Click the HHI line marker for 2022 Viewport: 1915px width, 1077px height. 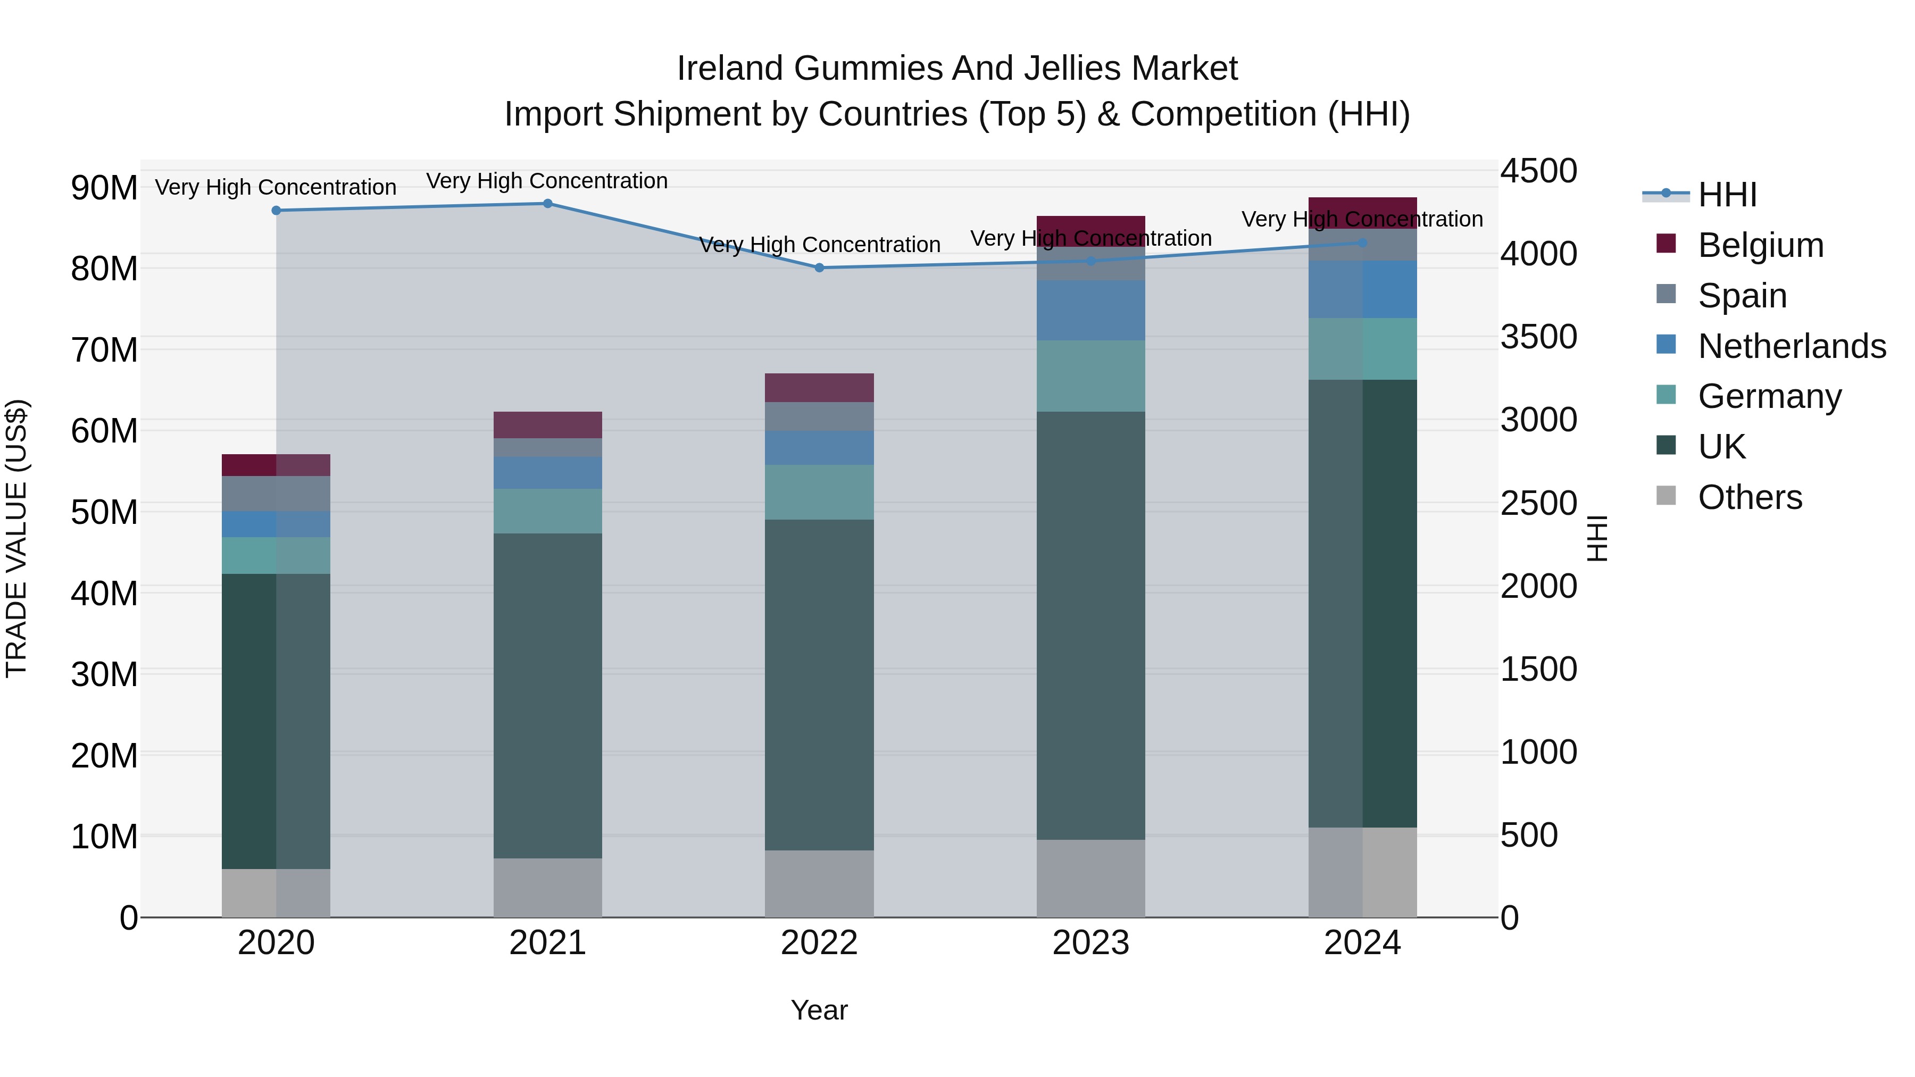819,268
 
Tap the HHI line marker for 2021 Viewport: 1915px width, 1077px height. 548,204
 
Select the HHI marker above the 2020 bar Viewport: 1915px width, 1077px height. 277,210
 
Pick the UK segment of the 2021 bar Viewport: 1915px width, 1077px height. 548,696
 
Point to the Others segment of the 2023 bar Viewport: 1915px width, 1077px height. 1090,879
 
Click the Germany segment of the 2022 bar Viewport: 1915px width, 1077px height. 819,492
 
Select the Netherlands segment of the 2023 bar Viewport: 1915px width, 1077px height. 1090,311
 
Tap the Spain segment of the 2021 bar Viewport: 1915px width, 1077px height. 548,447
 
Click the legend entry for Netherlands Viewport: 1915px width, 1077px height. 1792,346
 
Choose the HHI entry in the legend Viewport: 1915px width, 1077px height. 1727,195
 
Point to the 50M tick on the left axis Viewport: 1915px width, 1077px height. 104,513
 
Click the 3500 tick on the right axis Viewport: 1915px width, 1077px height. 1538,337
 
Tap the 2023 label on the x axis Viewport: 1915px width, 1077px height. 1090,943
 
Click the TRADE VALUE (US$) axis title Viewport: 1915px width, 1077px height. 16,538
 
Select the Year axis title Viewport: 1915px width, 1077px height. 819,1010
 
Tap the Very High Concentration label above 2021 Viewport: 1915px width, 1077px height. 547,181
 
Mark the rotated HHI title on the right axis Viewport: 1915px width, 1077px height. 1597,538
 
